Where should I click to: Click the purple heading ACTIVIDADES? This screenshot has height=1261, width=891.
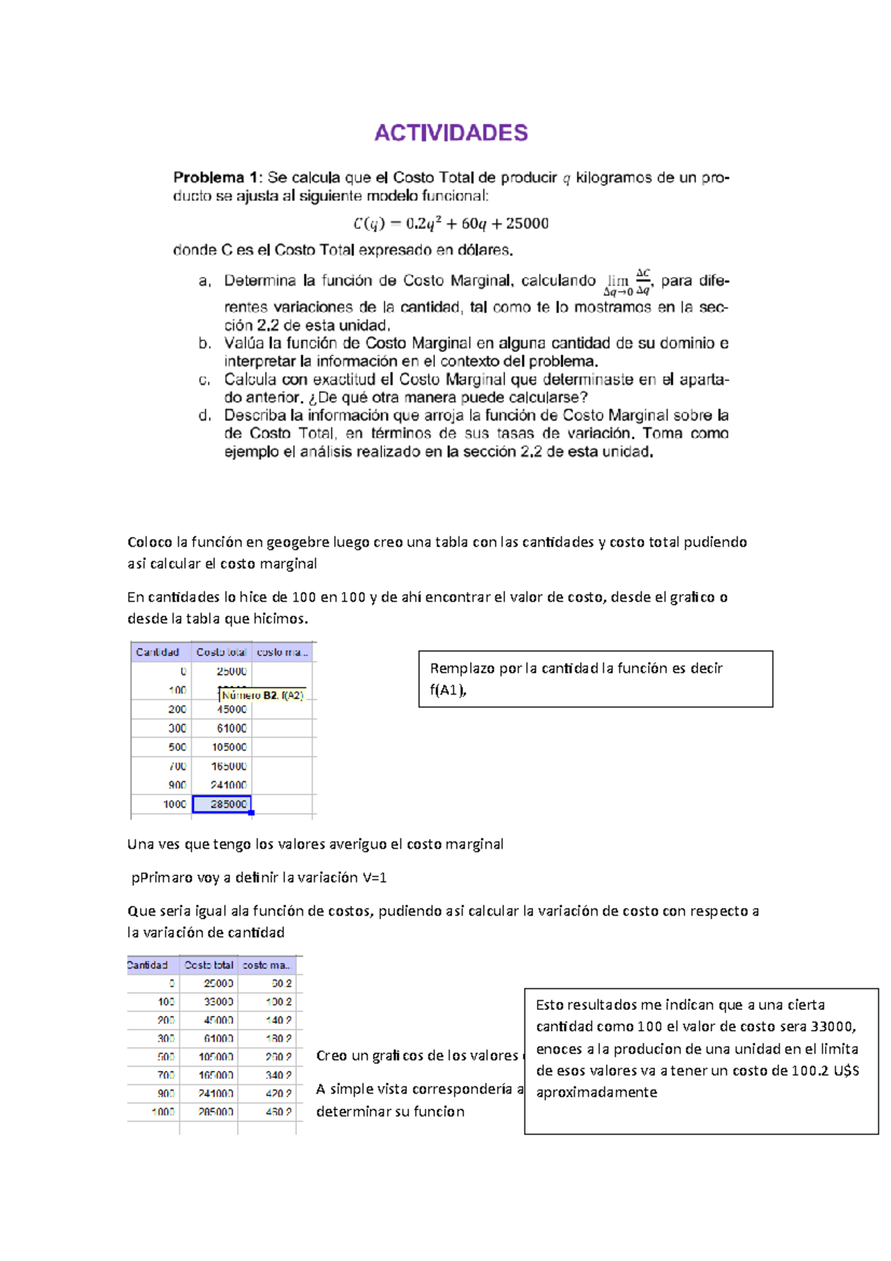(451, 133)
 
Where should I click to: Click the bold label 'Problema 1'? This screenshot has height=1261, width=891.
(215, 177)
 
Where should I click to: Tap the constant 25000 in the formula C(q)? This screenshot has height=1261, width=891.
(527, 224)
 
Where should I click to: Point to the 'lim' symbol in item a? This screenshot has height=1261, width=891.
(618, 280)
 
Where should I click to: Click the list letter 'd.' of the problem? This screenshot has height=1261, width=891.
(205, 416)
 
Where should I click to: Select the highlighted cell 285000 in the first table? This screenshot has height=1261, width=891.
(222, 804)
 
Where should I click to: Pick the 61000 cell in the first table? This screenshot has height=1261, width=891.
(231, 729)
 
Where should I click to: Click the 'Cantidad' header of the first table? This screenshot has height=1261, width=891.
(157, 652)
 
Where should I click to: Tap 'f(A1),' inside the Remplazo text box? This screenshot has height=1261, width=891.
(448, 690)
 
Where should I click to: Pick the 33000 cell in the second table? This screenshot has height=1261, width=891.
(218, 1002)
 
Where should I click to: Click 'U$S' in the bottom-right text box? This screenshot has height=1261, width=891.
(845, 1071)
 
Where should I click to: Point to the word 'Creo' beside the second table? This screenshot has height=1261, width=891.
(331, 1056)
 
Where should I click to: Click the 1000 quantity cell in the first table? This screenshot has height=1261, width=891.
(174, 804)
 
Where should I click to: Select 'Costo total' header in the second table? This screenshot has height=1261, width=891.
(209, 965)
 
